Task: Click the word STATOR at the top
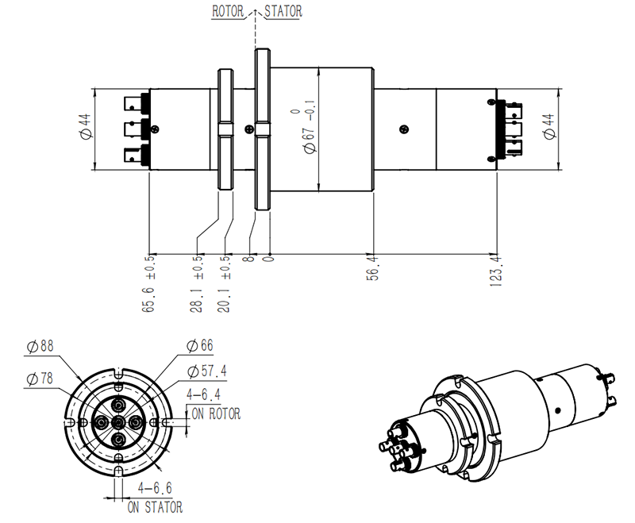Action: tap(281, 12)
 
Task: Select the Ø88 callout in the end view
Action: tap(41, 347)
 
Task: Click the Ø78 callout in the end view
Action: tap(41, 379)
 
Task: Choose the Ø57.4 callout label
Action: tap(208, 371)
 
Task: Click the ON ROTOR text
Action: tap(215, 413)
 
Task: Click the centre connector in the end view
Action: tap(117, 421)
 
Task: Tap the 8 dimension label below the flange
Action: tap(252, 258)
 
